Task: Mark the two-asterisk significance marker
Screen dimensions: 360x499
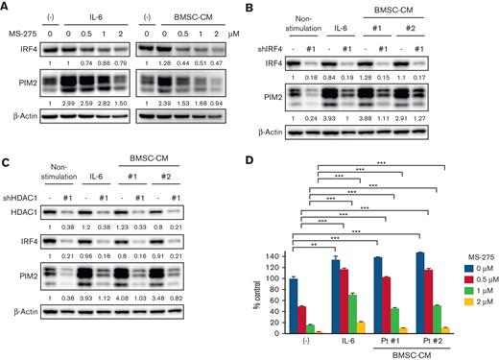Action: [x=313, y=245]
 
